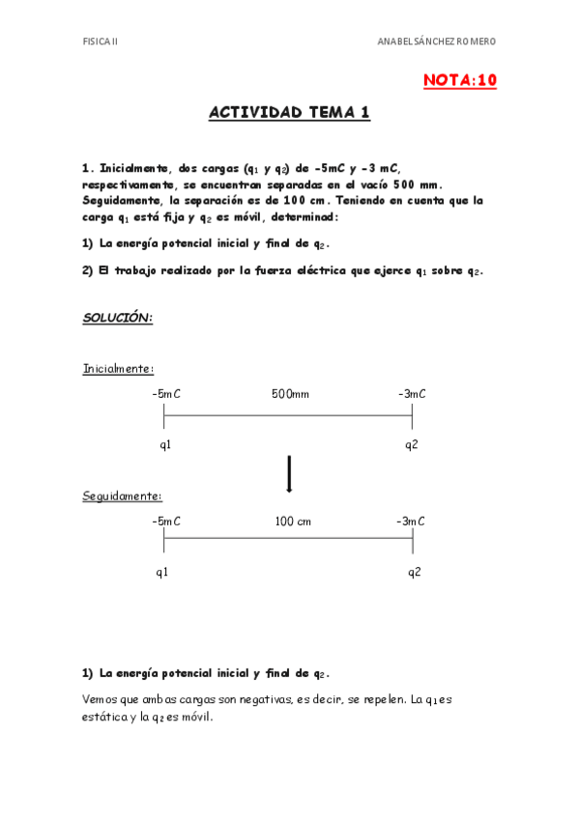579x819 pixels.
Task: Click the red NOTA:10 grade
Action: [459, 81]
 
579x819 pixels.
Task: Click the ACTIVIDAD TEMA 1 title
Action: [289, 113]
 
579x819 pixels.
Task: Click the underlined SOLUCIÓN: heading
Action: [117, 318]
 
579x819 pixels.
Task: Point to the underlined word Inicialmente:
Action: [118, 368]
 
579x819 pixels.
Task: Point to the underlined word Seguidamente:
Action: [122, 495]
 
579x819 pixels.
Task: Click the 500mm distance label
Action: [290, 393]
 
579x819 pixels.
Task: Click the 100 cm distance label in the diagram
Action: [293, 522]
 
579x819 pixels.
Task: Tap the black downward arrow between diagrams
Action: [289, 472]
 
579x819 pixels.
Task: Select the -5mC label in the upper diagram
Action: [166, 393]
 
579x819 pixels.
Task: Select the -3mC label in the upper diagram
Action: [412, 393]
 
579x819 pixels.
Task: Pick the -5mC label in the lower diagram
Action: [166, 522]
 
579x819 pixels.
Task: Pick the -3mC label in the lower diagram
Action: [411, 522]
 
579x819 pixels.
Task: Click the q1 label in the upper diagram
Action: [165, 444]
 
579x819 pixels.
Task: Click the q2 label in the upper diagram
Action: [412, 444]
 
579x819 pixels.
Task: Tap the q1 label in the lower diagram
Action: [162, 572]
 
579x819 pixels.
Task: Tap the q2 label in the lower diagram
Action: [414, 572]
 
